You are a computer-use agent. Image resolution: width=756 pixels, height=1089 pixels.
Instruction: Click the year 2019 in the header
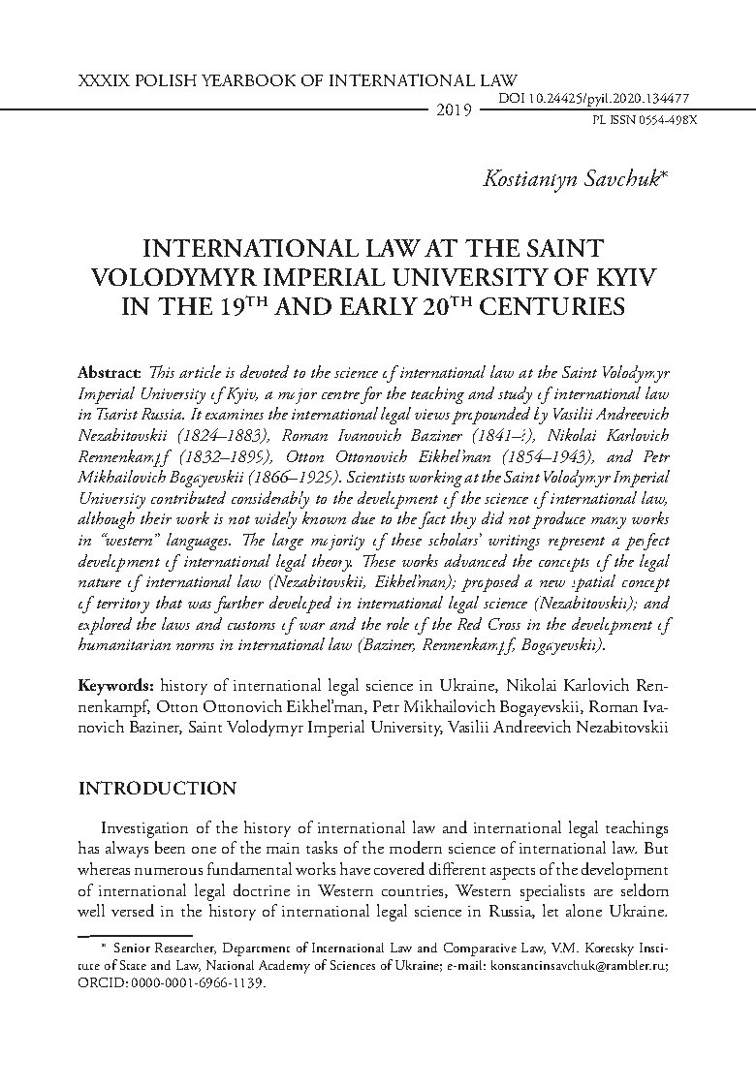(454, 110)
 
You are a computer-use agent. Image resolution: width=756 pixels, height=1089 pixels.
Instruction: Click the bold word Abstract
(108, 374)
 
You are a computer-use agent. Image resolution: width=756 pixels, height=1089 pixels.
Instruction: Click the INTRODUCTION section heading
(156, 789)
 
